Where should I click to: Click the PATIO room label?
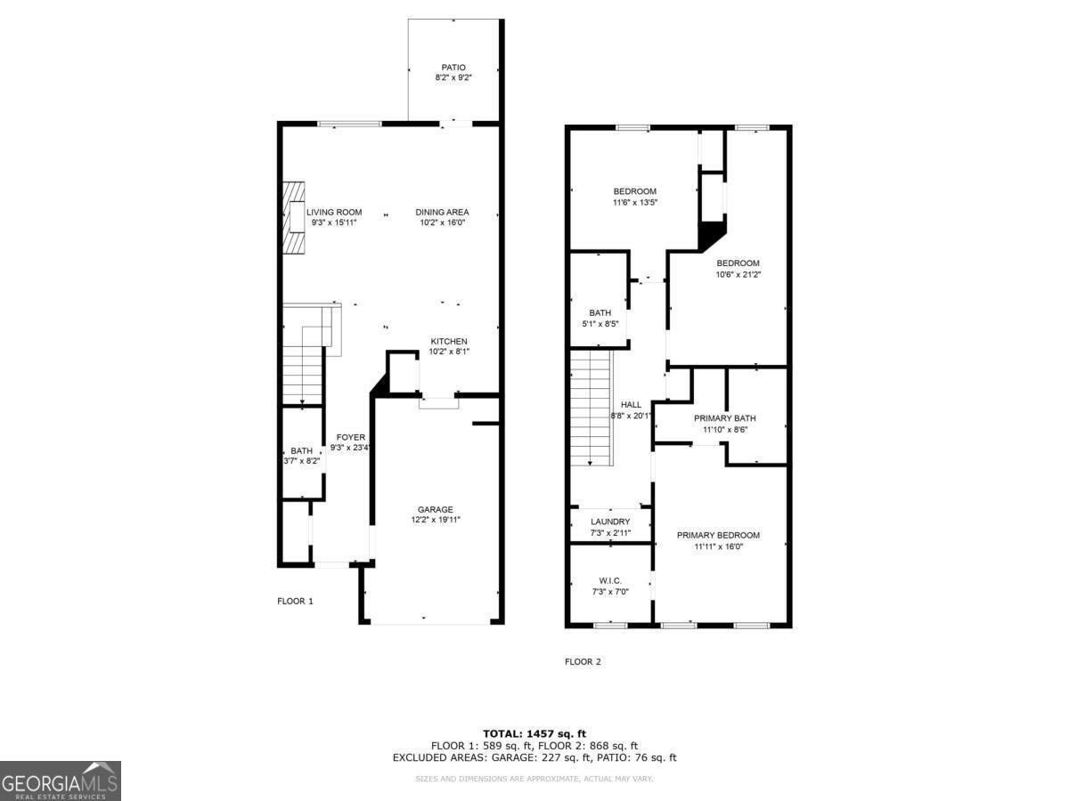(453, 67)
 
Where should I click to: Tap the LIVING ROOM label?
(333, 212)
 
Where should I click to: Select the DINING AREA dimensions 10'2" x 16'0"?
(442, 222)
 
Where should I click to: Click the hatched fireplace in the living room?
(294, 217)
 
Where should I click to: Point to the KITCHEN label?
(449, 342)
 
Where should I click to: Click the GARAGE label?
(435, 509)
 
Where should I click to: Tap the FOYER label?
(350, 437)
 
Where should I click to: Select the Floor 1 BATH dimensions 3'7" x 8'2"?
(301, 461)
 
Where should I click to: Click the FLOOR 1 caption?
(295, 601)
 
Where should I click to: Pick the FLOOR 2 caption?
(583, 661)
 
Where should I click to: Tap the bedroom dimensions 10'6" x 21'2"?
(738, 274)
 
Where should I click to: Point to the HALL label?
(631, 405)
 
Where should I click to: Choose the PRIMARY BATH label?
(724, 418)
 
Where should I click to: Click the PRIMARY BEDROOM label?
(718, 535)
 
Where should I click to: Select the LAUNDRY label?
(610, 522)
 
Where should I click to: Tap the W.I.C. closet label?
(609, 580)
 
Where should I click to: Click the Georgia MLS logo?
(61, 781)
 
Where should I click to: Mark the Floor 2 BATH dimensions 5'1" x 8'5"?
(600, 323)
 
